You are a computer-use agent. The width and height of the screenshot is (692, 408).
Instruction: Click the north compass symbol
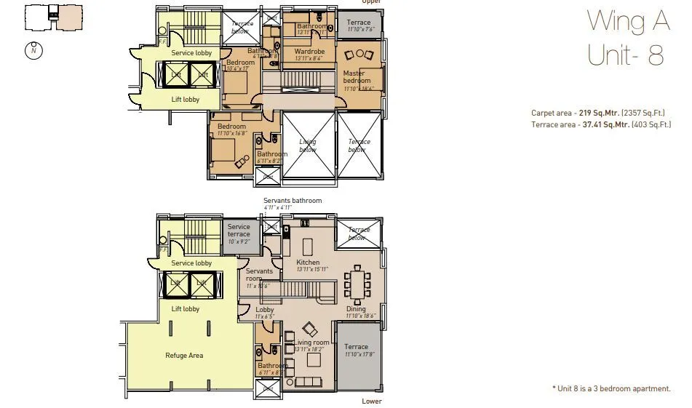(33, 51)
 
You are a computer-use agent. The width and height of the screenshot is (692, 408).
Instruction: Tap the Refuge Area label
(184, 356)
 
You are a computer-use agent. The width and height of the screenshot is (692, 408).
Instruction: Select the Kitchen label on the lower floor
(308, 262)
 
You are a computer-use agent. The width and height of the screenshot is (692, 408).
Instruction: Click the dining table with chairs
(357, 284)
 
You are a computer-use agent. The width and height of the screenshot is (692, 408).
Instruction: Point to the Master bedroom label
(357, 76)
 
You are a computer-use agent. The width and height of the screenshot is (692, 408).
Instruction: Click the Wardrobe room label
(309, 52)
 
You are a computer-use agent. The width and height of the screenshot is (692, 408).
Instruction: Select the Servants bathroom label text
(293, 201)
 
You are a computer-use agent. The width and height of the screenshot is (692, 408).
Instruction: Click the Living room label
(311, 343)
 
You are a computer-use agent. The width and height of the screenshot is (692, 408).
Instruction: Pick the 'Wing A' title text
(628, 22)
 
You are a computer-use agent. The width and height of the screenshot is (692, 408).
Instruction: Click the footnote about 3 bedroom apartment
(611, 389)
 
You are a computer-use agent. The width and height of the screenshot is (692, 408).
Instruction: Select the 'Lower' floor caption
(371, 401)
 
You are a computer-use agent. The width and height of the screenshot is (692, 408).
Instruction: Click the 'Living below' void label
(308, 145)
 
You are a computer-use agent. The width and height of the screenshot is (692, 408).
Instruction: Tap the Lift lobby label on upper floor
(185, 100)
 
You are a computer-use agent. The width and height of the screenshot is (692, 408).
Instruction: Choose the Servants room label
(259, 275)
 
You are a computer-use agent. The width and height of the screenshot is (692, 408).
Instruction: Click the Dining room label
(356, 309)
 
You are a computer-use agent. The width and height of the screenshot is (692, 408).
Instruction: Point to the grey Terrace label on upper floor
(359, 23)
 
